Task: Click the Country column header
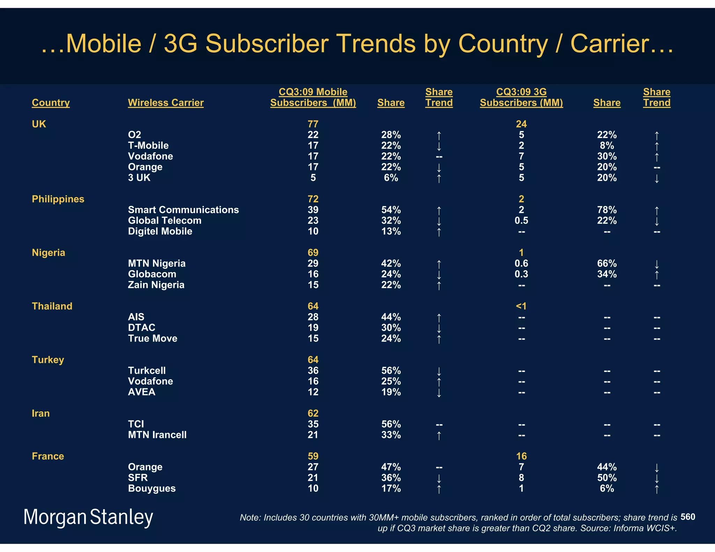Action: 51,103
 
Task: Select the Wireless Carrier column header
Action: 165,103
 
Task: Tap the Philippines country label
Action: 58,199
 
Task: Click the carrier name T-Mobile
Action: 148,146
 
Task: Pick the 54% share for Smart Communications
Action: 391,210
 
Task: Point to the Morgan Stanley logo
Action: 88,517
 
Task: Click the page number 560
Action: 687,517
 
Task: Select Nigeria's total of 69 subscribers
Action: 313,253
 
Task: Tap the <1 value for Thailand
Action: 521,306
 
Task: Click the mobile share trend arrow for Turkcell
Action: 439,371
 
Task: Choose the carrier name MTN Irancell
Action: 157,435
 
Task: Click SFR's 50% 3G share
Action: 607,478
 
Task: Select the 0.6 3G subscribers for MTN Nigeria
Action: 521,263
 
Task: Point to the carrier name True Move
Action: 153,338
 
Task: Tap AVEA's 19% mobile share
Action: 391,392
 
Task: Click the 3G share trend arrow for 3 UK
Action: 656,179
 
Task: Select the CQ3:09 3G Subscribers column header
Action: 521,97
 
